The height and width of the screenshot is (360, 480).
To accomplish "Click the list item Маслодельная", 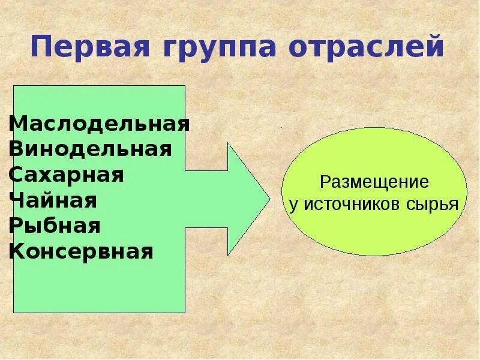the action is (100, 124).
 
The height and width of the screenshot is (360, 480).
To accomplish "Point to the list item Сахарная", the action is (67, 175).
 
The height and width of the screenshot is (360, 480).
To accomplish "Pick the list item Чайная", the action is (53, 200).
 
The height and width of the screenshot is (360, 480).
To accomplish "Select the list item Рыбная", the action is (55, 226).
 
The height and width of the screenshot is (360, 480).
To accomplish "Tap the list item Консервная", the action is (81, 251).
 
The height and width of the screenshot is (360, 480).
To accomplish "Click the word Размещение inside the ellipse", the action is (374, 182).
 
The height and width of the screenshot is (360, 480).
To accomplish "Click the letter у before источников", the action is (293, 205).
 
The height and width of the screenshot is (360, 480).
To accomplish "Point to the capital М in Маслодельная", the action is (17, 124).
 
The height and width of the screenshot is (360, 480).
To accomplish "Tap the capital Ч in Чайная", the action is (16, 200).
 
